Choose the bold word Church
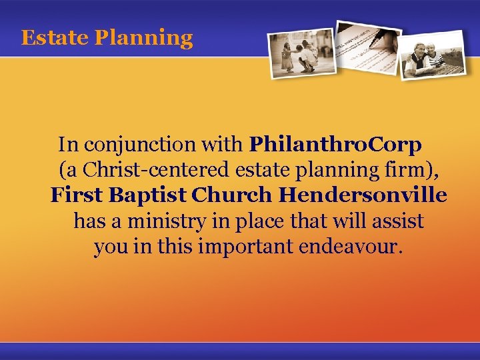tap(232, 195)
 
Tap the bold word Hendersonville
tap(363, 195)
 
